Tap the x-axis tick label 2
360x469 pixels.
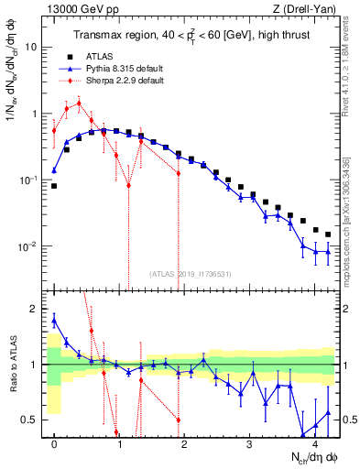point(185,442)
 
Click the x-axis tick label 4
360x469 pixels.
point(316,442)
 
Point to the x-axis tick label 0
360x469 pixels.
point(54,442)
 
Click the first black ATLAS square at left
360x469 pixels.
point(54,186)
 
